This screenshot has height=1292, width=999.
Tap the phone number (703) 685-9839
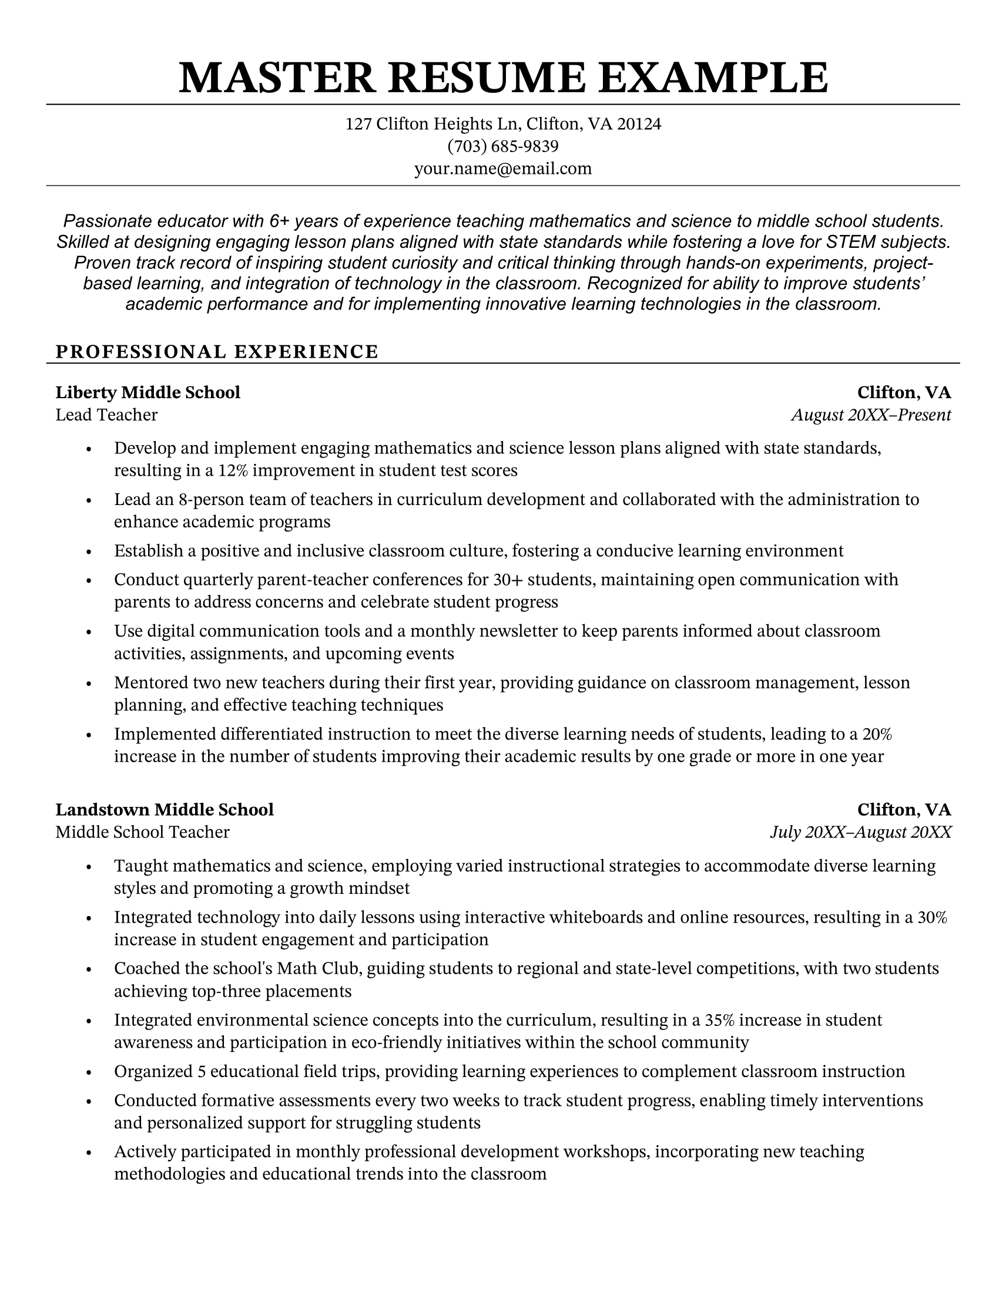[502, 146]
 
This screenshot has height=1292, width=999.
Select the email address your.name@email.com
[502, 169]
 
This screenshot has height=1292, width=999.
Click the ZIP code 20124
[639, 124]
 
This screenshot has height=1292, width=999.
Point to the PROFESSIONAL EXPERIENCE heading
[217, 351]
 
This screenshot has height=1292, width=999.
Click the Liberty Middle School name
[148, 392]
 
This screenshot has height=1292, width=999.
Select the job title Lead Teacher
[106, 415]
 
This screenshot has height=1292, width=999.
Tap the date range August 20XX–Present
[870, 415]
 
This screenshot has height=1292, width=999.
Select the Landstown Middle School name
[165, 809]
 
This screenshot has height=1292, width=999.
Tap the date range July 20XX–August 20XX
[860, 832]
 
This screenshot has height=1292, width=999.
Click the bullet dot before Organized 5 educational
[89, 1072]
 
